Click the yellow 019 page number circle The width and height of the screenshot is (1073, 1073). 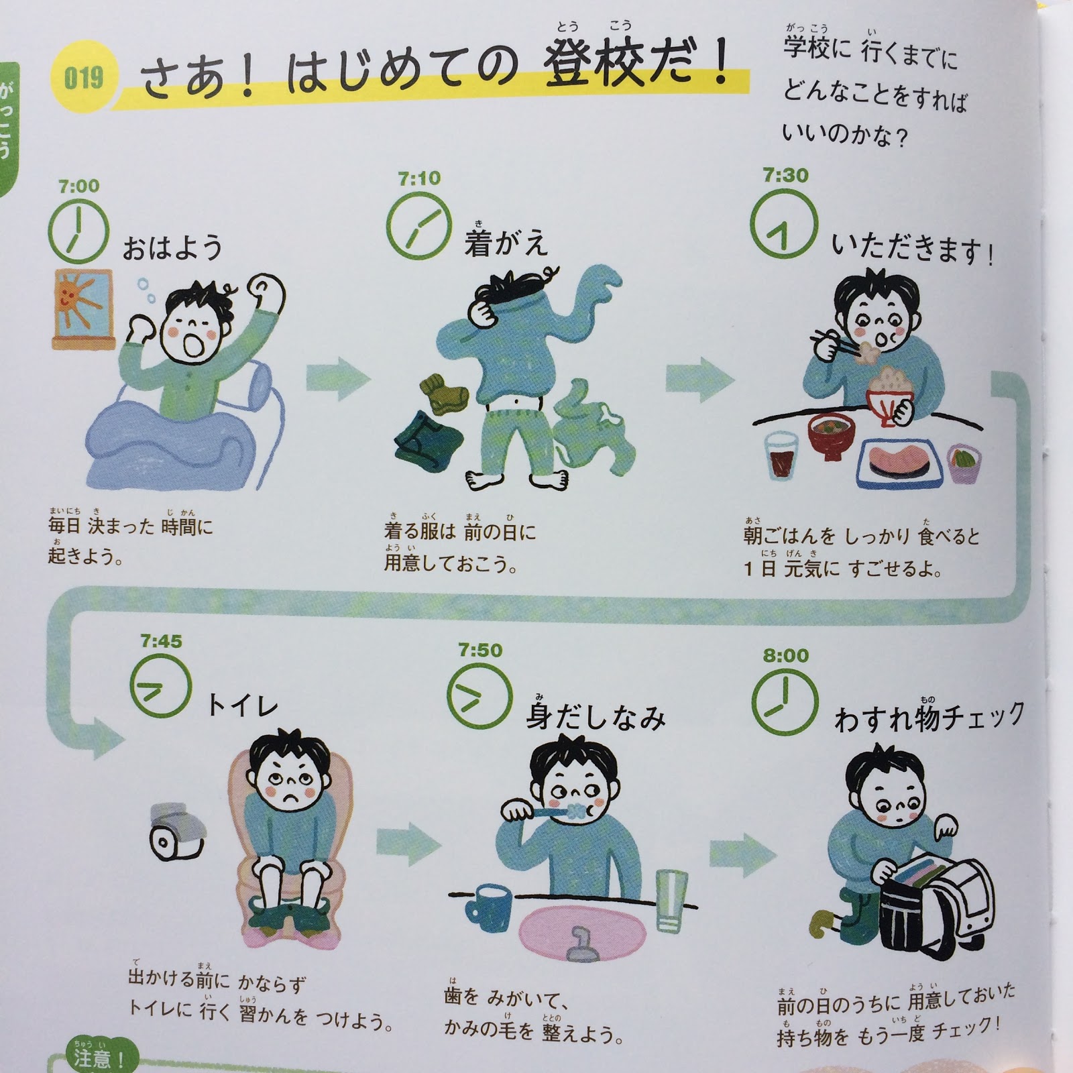(84, 78)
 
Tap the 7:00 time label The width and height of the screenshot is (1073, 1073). (78, 186)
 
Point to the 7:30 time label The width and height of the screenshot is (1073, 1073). (785, 176)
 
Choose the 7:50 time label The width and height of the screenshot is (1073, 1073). (480, 650)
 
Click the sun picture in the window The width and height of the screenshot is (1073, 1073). (82, 308)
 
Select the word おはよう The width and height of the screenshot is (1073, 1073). (172, 247)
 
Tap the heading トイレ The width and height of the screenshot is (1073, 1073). (242, 705)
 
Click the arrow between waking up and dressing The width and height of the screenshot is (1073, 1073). (338, 380)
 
